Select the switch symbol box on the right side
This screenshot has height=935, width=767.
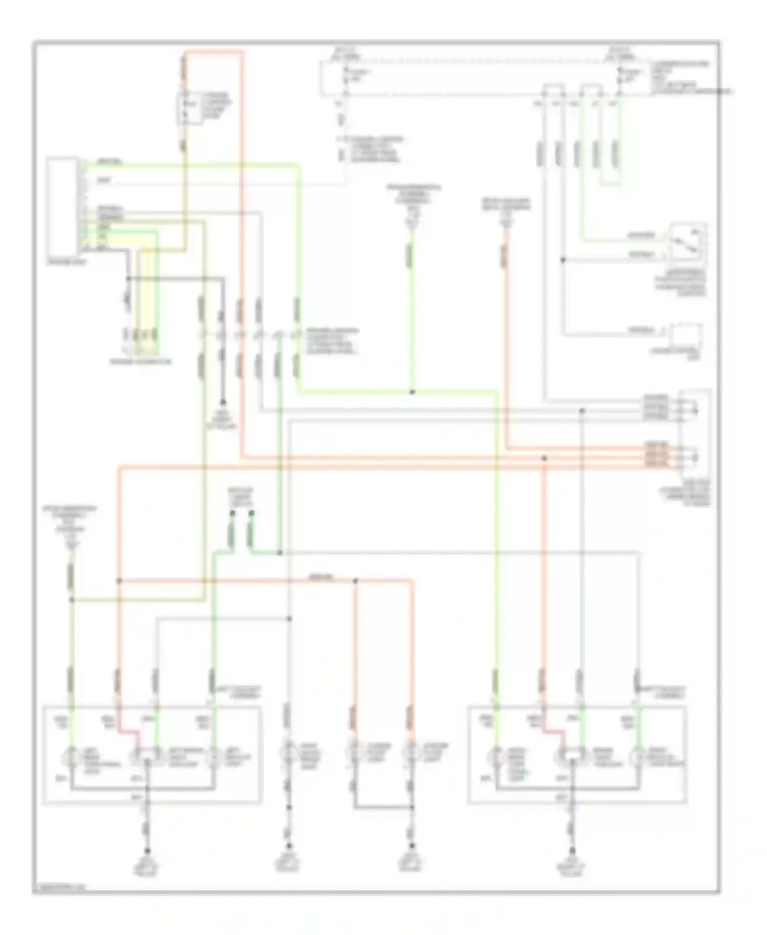click(x=688, y=242)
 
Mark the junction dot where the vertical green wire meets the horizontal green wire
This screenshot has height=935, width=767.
click(x=412, y=392)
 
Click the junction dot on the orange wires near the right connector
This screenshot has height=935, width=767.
click(x=544, y=459)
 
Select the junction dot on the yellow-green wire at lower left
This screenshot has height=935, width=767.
click(x=72, y=599)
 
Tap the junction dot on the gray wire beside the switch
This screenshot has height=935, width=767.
click(x=562, y=260)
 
